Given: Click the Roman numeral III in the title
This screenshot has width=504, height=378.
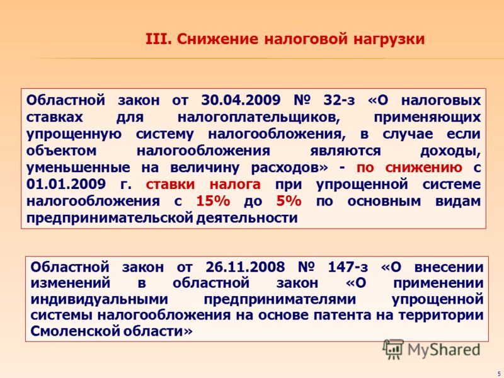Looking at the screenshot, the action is (156, 39).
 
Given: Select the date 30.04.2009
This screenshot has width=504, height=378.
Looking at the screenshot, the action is (241, 100).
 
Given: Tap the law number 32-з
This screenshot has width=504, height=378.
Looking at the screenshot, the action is (339, 100).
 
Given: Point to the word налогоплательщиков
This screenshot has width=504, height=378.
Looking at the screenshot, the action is (259, 117).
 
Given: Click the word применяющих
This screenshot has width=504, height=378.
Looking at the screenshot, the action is (427, 117).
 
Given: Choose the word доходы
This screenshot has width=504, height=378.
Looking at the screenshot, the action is (450, 151).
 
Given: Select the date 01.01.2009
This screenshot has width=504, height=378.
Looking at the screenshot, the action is (66, 184).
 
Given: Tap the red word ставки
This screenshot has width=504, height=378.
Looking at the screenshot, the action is (170, 185).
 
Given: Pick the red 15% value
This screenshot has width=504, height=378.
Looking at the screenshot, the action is (213, 201).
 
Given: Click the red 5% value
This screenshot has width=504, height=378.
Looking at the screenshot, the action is (289, 201).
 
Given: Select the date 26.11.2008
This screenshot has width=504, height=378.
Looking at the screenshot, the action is (245, 266).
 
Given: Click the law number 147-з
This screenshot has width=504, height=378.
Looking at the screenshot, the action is (348, 266).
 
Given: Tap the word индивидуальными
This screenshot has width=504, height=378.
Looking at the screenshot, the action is (100, 299).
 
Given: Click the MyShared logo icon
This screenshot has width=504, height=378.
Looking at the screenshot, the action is (393, 350).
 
